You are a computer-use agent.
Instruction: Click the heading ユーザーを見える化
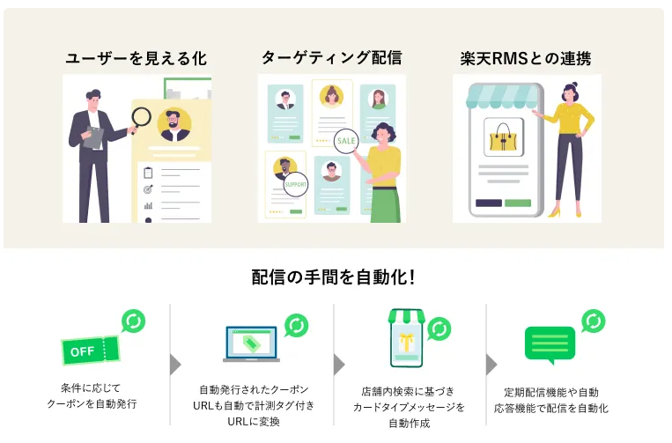coord(137,59)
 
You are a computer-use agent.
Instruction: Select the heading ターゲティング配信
coord(331,58)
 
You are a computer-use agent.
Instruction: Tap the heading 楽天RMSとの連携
coord(526,59)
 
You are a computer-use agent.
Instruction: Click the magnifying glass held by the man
coord(142,118)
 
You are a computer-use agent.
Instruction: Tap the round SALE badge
coord(346,141)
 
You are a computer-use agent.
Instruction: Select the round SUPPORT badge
coord(295,185)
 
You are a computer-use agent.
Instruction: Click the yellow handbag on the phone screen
coord(504,138)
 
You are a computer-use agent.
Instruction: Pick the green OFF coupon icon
coord(85,351)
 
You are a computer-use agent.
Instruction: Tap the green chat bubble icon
coord(550,343)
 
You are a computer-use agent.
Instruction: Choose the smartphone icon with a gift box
coord(406,340)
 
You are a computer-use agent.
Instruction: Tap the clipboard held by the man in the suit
coord(93,136)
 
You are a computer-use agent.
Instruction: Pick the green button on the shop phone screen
coord(518,203)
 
